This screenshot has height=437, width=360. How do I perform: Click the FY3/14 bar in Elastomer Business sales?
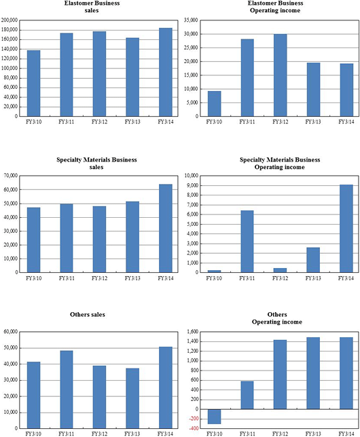coord(166,72)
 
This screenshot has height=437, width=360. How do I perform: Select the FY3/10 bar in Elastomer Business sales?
coord(33,83)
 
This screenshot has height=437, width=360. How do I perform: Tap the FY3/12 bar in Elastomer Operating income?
coord(280,75)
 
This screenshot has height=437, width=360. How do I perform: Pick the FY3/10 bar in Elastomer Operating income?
coord(215,104)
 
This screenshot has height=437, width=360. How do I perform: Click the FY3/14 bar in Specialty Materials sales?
coord(166,228)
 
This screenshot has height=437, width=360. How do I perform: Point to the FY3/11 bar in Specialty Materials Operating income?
coord(247,242)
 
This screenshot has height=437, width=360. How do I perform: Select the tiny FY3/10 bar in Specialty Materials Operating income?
coord(215,271)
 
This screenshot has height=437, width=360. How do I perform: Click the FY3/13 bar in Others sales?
coord(132,398)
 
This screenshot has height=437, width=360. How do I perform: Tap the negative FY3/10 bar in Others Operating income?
coord(215,417)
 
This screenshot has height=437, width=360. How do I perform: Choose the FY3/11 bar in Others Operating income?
coord(247,395)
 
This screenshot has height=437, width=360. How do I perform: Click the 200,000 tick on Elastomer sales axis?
coord(10,20)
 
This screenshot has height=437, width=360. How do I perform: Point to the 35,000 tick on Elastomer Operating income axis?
coord(191,20)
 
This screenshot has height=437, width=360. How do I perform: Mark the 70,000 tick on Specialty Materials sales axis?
coord(11,176)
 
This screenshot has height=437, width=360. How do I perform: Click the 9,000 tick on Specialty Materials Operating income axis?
coord(192,185)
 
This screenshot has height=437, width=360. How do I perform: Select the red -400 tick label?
coord(194,428)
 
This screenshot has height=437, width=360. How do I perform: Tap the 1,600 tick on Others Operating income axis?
coord(192,332)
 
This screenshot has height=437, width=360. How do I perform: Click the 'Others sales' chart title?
coord(88,315)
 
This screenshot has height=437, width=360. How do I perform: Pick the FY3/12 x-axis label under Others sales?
coord(99,434)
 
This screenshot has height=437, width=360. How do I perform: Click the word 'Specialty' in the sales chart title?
coord(69,160)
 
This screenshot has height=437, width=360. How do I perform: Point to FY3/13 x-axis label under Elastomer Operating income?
coord(313,121)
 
